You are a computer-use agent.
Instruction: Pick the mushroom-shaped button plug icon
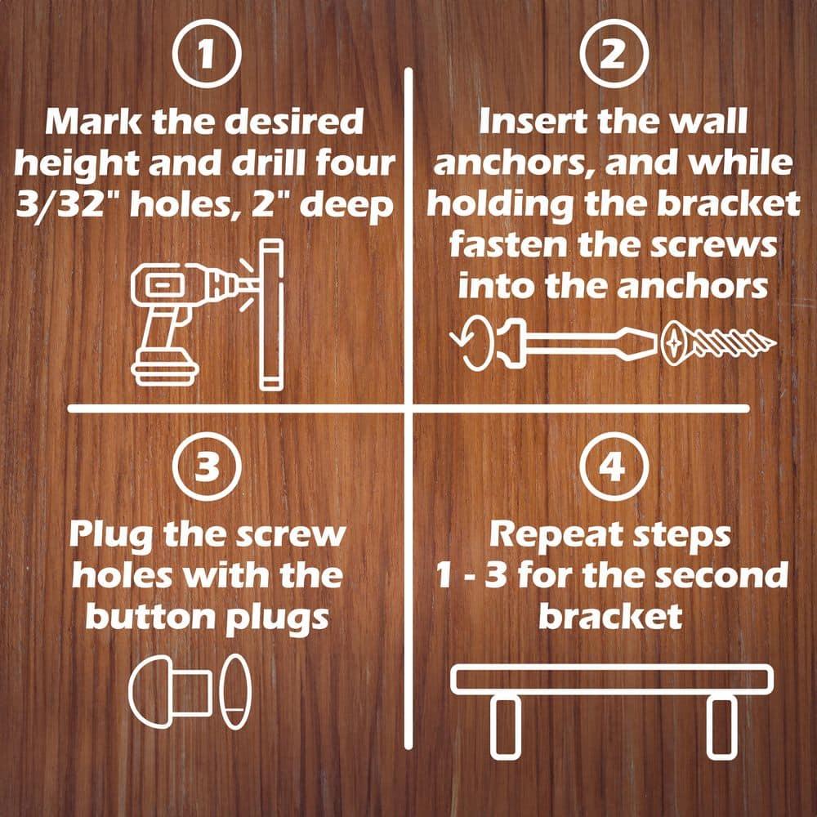coord(172,690)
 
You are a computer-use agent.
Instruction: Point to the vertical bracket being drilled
coord(270,315)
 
